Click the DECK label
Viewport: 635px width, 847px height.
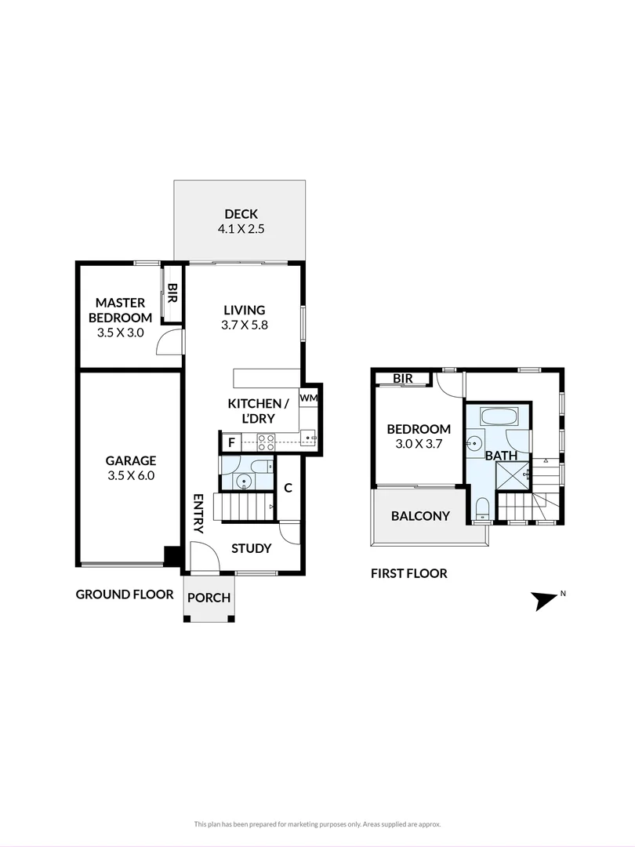coord(241,214)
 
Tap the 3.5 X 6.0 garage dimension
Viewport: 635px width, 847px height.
coord(131,475)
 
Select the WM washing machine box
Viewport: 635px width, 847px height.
coord(308,398)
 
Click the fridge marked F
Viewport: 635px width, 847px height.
coord(230,442)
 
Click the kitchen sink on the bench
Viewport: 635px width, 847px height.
coord(307,436)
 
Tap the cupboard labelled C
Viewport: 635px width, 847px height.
coord(288,488)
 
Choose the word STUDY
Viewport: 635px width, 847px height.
coord(251,548)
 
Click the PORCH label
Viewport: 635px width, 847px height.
coord(209,598)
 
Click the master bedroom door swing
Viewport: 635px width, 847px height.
coord(168,343)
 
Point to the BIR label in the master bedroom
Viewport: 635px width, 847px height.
coord(172,294)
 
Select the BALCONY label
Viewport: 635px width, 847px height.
coord(420,516)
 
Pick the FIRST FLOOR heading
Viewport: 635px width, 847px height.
coord(408,573)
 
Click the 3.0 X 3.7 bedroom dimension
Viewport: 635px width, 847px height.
coord(419,444)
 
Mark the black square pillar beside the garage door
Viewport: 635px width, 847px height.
coord(171,555)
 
